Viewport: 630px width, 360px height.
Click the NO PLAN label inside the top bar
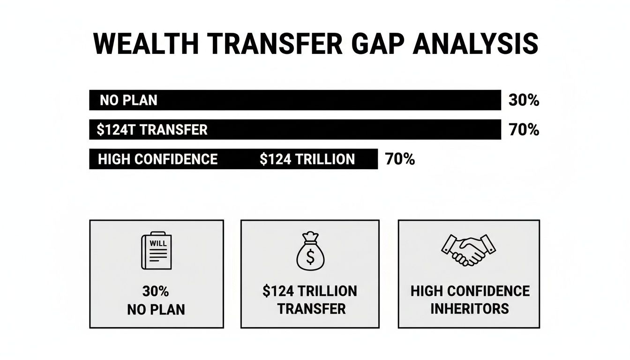tap(128, 100)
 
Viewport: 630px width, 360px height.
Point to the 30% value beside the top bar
tap(524, 100)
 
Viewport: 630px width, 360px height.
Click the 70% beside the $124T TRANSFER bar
tap(524, 130)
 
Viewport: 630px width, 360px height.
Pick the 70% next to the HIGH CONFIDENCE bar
tap(400, 159)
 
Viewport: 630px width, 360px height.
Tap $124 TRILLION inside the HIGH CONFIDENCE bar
tap(307, 159)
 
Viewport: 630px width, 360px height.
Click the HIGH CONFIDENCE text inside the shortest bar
tap(157, 159)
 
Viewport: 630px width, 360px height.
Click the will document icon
tap(157, 252)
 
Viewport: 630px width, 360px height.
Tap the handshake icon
tap(468, 250)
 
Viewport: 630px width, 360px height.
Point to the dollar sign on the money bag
tap(310, 256)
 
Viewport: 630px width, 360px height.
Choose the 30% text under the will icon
tap(156, 291)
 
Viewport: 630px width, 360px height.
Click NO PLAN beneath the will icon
tap(156, 309)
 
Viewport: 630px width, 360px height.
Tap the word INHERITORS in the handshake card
tap(469, 308)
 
